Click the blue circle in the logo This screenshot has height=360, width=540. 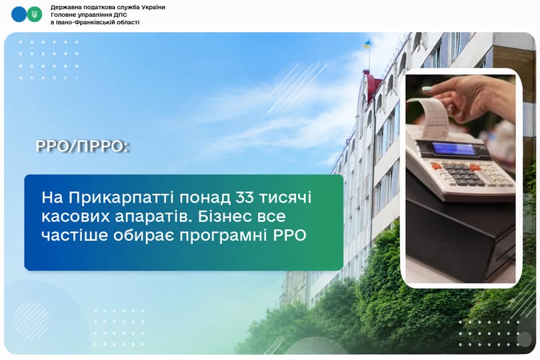coord(19,15)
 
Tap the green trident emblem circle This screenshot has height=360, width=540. coord(35,15)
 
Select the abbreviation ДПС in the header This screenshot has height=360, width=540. coord(121,15)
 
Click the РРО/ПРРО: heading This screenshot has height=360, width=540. coord(82,147)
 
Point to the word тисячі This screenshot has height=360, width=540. coord(285,198)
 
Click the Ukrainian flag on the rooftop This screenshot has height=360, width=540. coord(367,44)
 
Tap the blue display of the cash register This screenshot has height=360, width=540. coord(454,149)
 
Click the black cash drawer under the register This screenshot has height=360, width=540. coord(461,234)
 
